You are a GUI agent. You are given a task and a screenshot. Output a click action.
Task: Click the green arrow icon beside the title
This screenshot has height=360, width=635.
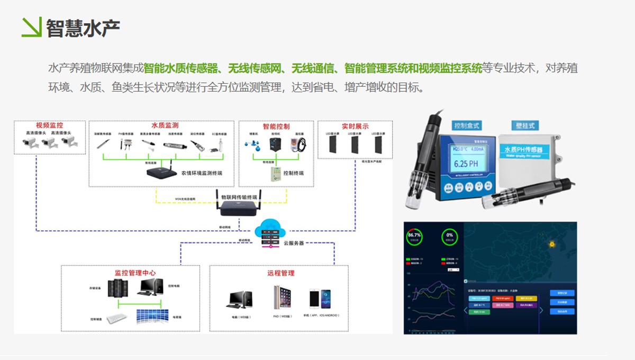31,27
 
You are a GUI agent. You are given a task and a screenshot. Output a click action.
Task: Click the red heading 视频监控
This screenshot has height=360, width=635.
49,125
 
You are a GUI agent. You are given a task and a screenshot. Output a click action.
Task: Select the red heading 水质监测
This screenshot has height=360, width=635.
165,125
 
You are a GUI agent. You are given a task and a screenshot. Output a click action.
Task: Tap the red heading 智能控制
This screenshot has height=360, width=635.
276,127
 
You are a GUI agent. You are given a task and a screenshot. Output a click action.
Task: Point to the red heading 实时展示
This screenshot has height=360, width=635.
355,127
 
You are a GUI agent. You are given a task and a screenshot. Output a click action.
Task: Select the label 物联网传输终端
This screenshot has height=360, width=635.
239,197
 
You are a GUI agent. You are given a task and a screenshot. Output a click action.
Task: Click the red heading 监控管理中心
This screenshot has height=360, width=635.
135,273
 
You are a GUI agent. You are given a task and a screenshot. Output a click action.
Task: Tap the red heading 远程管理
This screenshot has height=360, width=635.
280,273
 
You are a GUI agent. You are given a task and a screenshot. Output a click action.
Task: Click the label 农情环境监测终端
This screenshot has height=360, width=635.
202,173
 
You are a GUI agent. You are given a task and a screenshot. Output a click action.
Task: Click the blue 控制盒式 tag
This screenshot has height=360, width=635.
467,125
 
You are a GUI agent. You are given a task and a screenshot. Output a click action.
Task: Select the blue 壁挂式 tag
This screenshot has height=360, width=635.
525,125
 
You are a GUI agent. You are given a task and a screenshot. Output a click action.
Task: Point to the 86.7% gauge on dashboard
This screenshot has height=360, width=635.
414,236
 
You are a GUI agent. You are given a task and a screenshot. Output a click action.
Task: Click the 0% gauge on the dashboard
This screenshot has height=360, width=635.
450,236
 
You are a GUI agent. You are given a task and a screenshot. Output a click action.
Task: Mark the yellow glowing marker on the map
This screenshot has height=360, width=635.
552,245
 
